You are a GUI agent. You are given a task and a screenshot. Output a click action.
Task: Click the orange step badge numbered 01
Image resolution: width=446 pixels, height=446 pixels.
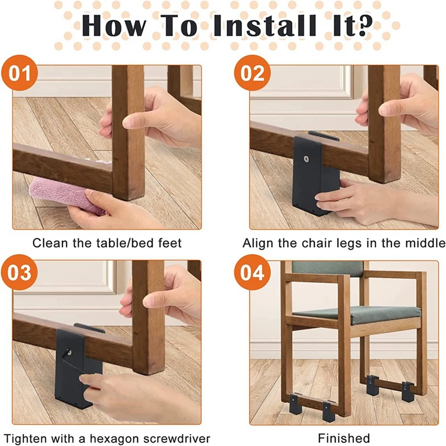pyautogui.click(x=20, y=73)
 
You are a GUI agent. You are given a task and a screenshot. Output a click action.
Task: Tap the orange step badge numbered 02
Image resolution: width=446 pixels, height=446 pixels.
pyautogui.click(x=253, y=73)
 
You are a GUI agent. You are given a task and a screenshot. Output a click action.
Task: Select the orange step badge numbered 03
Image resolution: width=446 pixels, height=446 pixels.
pyautogui.click(x=20, y=272)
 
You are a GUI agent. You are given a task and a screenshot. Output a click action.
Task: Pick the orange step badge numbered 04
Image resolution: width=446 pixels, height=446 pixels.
pyautogui.click(x=253, y=272)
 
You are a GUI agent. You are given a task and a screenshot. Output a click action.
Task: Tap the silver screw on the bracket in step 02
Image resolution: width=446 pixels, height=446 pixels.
pyautogui.click(x=306, y=159)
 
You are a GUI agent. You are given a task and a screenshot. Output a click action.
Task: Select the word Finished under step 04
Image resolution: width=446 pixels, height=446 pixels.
pyautogui.click(x=343, y=438)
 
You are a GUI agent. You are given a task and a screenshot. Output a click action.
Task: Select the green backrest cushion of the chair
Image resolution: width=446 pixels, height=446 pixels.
pyautogui.click(x=328, y=269)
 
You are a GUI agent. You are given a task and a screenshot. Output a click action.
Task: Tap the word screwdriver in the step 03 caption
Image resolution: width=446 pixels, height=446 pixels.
pyautogui.click(x=177, y=438)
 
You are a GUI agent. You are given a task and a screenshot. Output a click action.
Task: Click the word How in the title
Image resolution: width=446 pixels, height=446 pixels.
pyautogui.click(x=113, y=26)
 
